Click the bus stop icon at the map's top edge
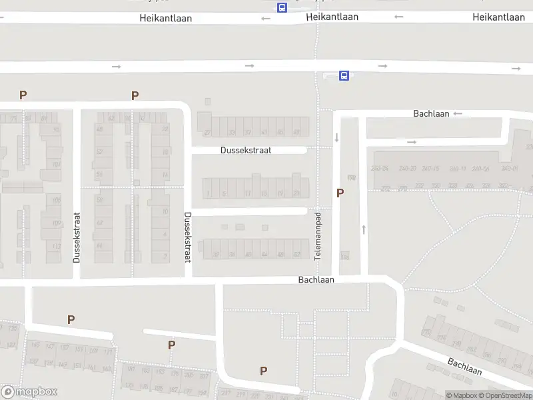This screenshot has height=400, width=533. pyautogui.click(x=282, y=7)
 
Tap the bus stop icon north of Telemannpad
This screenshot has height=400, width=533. pyautogui.click(x=344, y=76)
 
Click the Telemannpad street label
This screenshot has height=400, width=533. pyautogui.click(x=318, y=236)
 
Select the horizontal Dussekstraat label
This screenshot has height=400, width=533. pyautogui.click(x=246, y=151)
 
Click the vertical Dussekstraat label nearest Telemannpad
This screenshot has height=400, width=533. pyautogui.click(x=187, y=236)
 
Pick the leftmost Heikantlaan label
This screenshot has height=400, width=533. pyautogui.click(x=165, y=18)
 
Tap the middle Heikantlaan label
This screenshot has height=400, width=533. pyautogui.click(x=332, y=17)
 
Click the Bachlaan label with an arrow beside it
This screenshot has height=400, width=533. pyautogui.click(x=430, y=114)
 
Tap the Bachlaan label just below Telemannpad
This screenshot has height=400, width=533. pyautogui.click(x=316, y=280)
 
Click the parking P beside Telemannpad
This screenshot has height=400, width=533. pyautogui.click(x=340, y=193)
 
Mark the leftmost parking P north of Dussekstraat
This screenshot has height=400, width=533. pyautogui.click(x=23, y=95)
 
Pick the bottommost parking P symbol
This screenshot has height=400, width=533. pyautogui.click(x=264, y=371)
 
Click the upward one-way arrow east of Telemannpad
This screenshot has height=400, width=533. pyautogui.click(x=364, y=229)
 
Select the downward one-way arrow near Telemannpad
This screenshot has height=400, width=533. pyautogui.click(x=336, y=137)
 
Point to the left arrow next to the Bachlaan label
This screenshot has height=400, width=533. pyautogui.click(x=457, y=114)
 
